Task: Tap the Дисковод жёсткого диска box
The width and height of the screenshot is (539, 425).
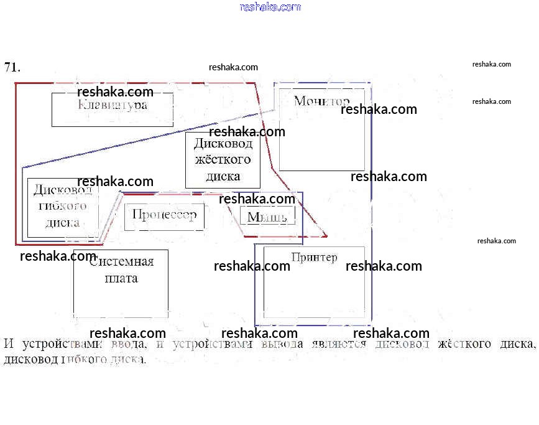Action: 223,160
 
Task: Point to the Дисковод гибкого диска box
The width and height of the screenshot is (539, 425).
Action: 62,207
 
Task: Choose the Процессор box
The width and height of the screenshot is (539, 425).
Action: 164,216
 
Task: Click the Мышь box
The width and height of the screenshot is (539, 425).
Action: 267,216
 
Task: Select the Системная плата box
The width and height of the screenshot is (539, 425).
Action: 121,283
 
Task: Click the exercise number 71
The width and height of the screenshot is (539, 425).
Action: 12,67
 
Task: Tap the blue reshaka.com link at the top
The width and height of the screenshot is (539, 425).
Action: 270,7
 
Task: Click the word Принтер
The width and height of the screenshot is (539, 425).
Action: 314,257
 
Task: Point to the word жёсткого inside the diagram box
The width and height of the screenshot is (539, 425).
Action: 223,159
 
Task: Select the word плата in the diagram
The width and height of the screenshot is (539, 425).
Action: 121,278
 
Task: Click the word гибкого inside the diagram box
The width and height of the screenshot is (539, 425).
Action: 62,206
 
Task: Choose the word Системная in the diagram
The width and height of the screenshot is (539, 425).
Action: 121,262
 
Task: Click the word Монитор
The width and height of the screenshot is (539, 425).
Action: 321,101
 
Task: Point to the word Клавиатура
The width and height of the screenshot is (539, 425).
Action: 113,105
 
